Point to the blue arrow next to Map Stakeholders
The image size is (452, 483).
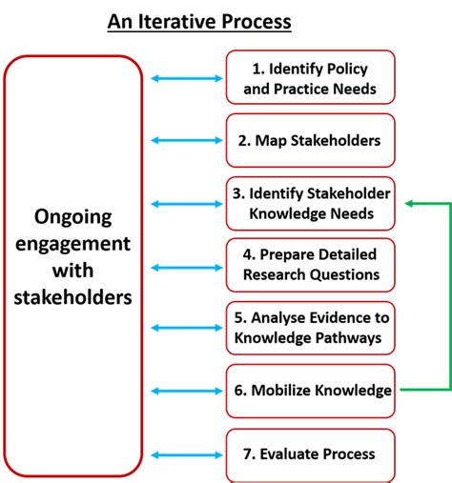tap(184, 141)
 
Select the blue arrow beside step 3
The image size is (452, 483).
tap(184, 203)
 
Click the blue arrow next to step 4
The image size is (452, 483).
tap(184, 267)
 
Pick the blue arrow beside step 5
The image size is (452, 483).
tap(184, 328)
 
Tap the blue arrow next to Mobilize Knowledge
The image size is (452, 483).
tap(184, 390)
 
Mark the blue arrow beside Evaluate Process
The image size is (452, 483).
tap(184, 454)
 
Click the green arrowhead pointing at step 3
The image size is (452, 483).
tap(409, 203)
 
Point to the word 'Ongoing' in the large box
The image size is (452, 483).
tap(72, 217)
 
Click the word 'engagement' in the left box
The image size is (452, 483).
tap(72, 244)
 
